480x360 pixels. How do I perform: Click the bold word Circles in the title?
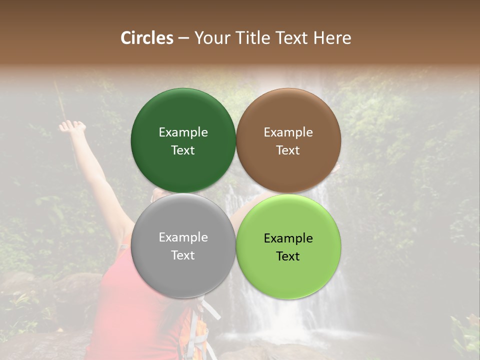[x=146, y=38]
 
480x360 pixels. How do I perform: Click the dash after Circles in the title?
[x=183, y=38]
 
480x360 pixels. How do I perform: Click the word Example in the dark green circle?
[x=183, y=132]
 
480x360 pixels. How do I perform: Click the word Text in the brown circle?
[x=288, y=150]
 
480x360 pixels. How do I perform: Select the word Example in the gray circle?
[x=183, y=237]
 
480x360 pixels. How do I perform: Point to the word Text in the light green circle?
[x=288, y=256]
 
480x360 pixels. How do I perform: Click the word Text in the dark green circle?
[x=183, y=150]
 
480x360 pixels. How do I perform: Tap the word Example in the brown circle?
[x=288, y=132]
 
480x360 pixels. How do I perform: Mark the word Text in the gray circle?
[x=183, y=255]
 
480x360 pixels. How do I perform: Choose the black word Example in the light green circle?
[x=288, y=238]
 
